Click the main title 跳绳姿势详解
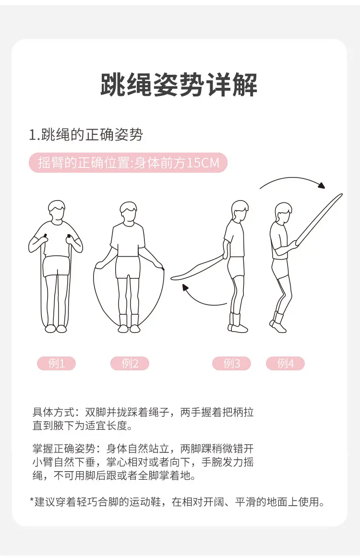(x=179, y=85)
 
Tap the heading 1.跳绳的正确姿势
(x=86, y=135)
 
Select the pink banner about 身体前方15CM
(x=128, y=163)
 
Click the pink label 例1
(x=56, y=363)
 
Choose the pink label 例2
(x=130, y=363)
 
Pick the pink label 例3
(x=231, y=363)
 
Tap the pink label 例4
(x=285, y=363)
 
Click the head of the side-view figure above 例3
(x=240, y=211)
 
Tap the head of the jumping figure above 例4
(x=284, y=213)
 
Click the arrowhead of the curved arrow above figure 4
(x=322, y=185)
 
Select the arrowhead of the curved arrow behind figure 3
(x=185, y=287)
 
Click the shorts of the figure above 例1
(x=56, y=266)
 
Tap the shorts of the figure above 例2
(x=128, y=267)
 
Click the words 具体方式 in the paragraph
(x=53, y=412)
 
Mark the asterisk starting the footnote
(x=31, y=500)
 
